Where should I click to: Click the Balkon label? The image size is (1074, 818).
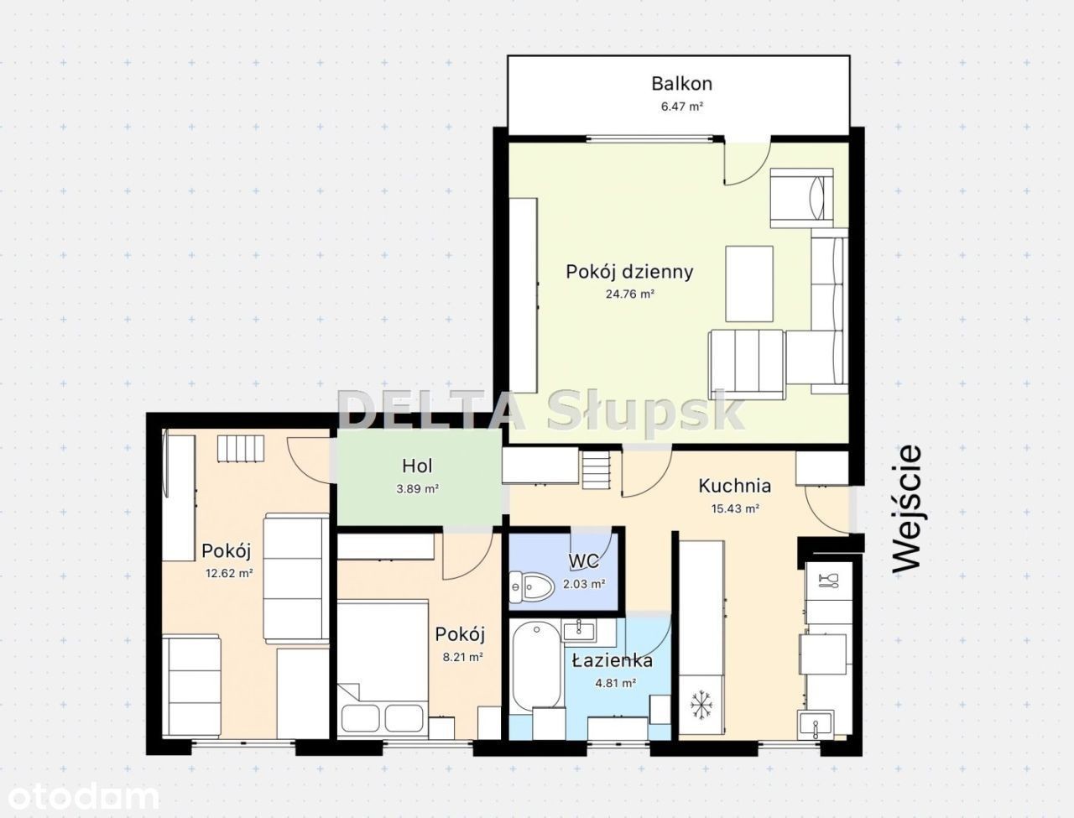(x=681, y=84)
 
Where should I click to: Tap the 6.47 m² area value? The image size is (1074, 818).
(x=682, y=107)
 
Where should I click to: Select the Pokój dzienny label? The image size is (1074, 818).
(x=629, y=272)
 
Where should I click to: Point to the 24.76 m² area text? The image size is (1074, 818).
(x=630, y=294)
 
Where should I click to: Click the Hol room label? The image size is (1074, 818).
(x=417, y=466)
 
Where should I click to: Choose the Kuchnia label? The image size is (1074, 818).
(x=734, y=486)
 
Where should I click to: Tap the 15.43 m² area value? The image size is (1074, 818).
(x=735, y=508)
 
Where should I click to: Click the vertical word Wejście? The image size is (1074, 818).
(x=907, y=508)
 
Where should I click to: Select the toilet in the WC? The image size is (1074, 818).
(x=531, y=586)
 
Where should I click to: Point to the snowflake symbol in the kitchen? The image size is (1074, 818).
(x=701, y=705)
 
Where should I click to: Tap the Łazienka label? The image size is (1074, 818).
(x=613, y=661)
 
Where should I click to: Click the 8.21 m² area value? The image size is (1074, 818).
(x=462, y=657)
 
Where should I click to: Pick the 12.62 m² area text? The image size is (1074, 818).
(x=229, y=573)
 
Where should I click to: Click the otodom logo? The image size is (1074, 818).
(x=83, y=798)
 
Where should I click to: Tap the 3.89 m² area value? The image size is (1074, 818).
(x=417, y=488)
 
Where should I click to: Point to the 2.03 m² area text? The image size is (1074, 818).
(x=584, y=584)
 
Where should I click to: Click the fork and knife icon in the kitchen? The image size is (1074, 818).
(x=828, y=581)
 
